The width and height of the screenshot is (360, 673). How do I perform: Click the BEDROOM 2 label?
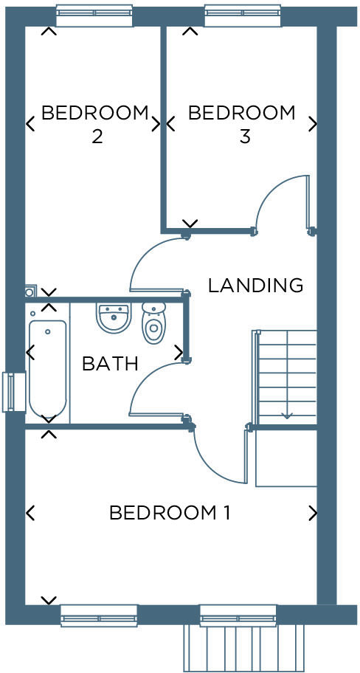coord(95,125)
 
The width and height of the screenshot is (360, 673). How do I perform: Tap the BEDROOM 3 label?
coord(242,125)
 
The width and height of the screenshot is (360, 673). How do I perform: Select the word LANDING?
coord(255,285)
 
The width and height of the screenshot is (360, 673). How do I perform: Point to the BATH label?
coord(110,363)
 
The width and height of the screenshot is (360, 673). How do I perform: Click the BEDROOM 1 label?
coord(170,512)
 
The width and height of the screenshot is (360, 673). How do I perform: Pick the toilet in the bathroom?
coord(153,322)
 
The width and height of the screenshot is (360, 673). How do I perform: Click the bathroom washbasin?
coord(113,317)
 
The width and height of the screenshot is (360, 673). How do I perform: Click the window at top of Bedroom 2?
coord(94,15)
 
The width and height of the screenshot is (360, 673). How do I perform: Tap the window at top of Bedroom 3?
coord(242,15)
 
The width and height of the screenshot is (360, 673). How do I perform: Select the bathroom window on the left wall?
coord(10,391)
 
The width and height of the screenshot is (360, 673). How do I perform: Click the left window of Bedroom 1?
coord(99,614)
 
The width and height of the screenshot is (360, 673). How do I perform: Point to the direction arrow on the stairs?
coord(286,416)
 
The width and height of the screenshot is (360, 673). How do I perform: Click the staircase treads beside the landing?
coord(286,376)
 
